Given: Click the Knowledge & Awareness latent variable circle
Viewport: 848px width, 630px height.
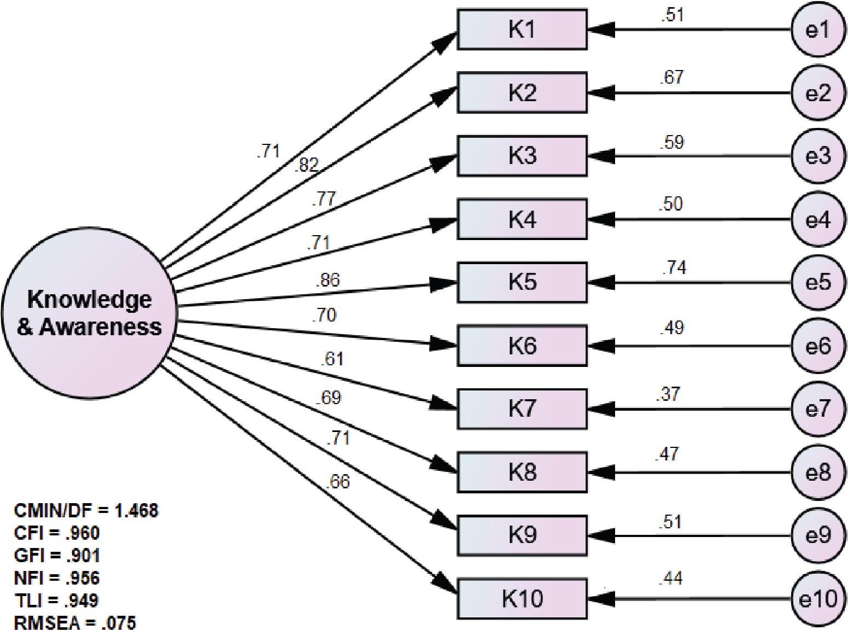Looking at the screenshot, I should (x=89, y=313).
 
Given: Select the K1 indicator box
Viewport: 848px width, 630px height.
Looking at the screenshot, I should (x=522, y=30).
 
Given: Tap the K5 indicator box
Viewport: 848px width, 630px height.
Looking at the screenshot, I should (x=522, y=282).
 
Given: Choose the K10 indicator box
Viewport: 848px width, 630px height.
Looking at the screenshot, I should (x=522, y=599).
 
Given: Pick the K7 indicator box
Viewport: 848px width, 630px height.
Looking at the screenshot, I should (x=522, y=409).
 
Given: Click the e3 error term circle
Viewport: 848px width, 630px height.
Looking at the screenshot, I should (x=818, y=156).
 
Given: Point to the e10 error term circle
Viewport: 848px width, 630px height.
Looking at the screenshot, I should (x=818, y=599).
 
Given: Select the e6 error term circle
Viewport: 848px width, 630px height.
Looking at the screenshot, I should (x=818, y=346).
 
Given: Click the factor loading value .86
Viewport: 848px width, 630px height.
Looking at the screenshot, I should (x=327, y=280).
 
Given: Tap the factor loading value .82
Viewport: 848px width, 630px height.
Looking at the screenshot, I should (x=306, y=165).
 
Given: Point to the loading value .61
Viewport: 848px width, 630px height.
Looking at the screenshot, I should (x=332, y=359).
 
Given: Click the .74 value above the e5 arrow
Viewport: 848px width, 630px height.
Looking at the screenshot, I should (x=674, y=267).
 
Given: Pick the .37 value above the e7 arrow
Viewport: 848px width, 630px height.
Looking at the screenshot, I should (x=668, y=394).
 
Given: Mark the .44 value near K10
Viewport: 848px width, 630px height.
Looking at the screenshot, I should (x=671, y=578).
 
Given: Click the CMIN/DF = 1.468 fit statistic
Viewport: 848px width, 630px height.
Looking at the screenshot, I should (x=86, y=511).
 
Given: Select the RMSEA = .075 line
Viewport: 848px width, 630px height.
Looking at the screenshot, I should (x=75, y=622).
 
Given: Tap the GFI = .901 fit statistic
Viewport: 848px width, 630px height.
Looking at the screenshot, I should (x=57, y=556).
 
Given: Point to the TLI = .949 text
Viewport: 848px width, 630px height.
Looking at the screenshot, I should (x=56, y=600).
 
